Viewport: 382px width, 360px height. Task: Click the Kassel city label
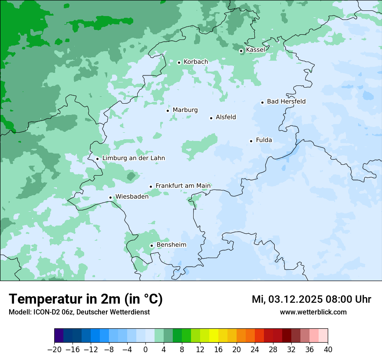coord(255,50)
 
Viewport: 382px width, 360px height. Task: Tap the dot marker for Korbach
coord(179,62)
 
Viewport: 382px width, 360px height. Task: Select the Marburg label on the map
coord(185,110)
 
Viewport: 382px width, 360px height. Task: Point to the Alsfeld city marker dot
coord(211,118)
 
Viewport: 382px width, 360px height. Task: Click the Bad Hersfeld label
coord(286,101)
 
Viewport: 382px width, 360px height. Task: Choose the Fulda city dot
coord(251,141)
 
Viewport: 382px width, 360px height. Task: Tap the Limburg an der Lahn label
coord(133,158)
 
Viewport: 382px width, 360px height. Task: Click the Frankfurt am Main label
coord(183,186)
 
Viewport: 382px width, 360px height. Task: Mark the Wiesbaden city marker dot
coord(111,198)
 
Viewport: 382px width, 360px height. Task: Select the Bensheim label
coord(171,245)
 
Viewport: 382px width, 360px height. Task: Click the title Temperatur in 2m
coord(86,299)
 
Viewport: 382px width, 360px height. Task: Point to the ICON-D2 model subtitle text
coord(79,312)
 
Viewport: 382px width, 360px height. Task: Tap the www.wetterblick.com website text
coord(313,312)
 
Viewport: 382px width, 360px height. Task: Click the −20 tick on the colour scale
coord(55,350)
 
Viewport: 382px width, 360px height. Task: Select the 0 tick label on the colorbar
coord(145,350)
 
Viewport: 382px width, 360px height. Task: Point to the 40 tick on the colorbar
coord(328,350)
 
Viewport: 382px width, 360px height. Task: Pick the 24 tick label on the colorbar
coord(255,350)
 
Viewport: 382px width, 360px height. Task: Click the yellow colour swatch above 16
coord(214,336)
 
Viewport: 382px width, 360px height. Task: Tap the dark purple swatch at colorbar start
coord(59,336)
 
